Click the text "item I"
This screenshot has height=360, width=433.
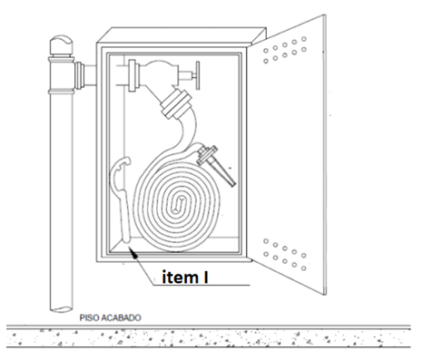click(x=185, y=277)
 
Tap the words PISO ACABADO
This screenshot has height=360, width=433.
click(x=110, y=317)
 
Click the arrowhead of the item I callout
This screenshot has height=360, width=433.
click(x=133, y=252)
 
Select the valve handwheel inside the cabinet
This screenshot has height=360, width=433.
click(x=198, y=75)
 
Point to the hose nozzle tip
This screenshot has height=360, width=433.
click(x=232, y=183)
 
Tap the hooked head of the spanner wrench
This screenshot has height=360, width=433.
click(x=120, y=168)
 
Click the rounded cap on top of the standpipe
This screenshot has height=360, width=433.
click(x=61, y=45)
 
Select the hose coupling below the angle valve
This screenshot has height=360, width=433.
click(x=176, y=103)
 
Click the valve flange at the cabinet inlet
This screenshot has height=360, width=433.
click(x=132, y=75)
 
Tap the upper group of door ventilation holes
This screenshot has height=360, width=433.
click(x=285, y=50)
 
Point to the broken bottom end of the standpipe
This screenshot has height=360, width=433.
click(x=61, y=309)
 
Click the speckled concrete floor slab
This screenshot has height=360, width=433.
click(x=209, y=338)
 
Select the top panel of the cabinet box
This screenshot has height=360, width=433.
click(x=182, y=35)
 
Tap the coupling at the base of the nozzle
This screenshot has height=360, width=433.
click(x=207, y=155)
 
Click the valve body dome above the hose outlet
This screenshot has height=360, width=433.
click(x=160, y=72)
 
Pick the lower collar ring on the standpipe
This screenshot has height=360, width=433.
click(x=61, y=92)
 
